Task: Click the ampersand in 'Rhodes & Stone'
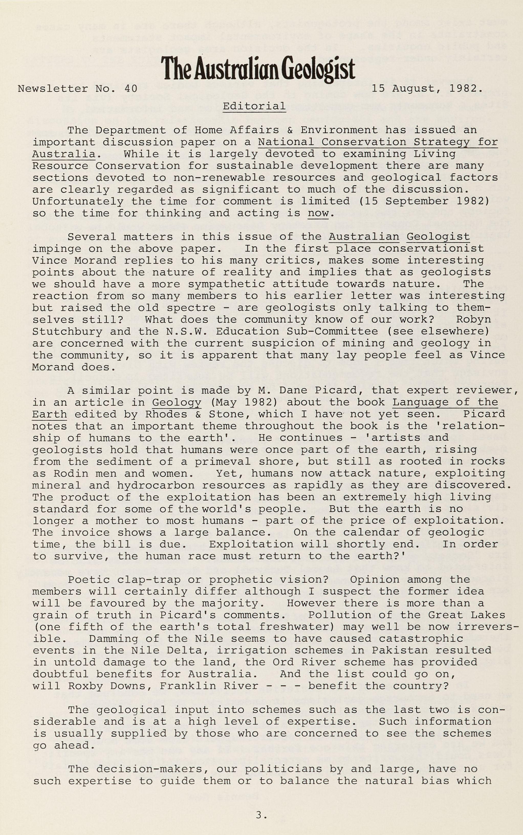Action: pyautogui.click(x=198, y=414)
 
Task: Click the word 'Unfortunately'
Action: pyautogui.click(x=78, y=201)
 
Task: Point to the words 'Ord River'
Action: pyautogui.click(x=304, y=662)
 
